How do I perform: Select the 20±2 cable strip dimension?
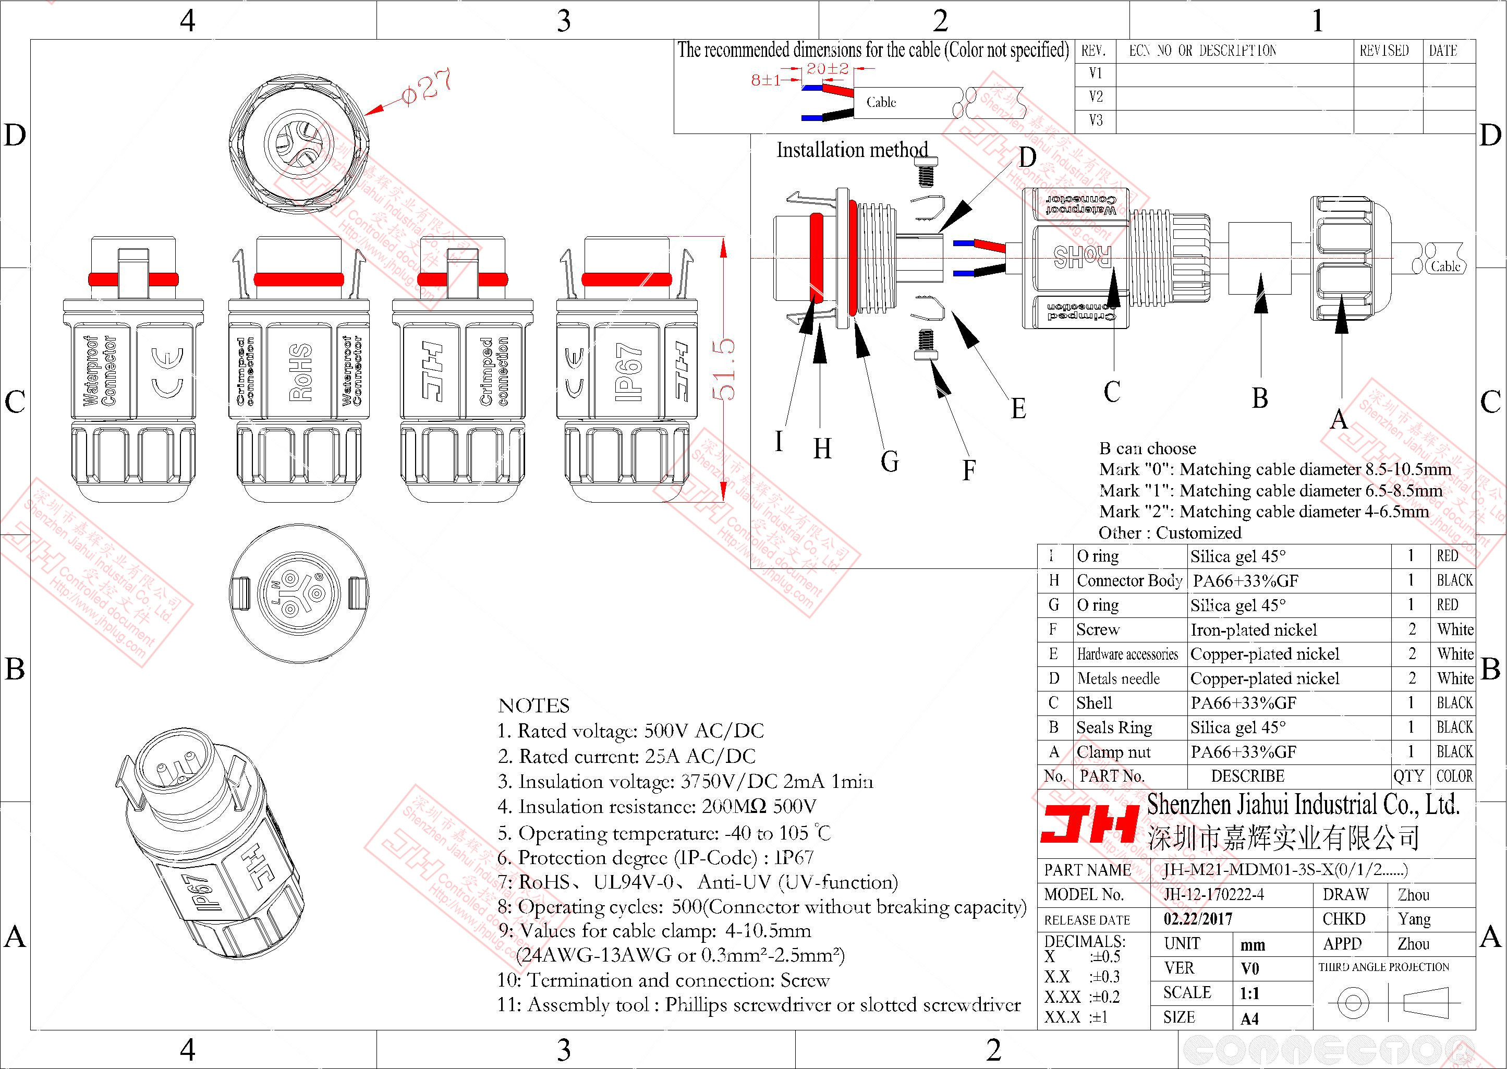tap(827, 68)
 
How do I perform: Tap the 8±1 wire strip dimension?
tap(766, 80)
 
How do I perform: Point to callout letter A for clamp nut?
tap(1339, 419)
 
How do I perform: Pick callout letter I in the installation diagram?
tap(779, 441)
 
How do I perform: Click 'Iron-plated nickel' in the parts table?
tap(1254, 630)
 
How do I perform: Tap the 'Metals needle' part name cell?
tap(1118, 678)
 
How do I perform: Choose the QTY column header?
tap(1408, 776)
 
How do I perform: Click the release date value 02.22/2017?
tap(1198, 919)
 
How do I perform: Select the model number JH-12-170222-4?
tap(1213, 894)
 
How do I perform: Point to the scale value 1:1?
tap(1249, 993)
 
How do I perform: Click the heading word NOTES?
tap(533, 706)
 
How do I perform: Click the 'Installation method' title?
tap(852, 150)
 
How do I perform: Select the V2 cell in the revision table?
tap(1095, 97)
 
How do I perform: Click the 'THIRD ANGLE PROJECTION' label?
tap(1383, 967)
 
